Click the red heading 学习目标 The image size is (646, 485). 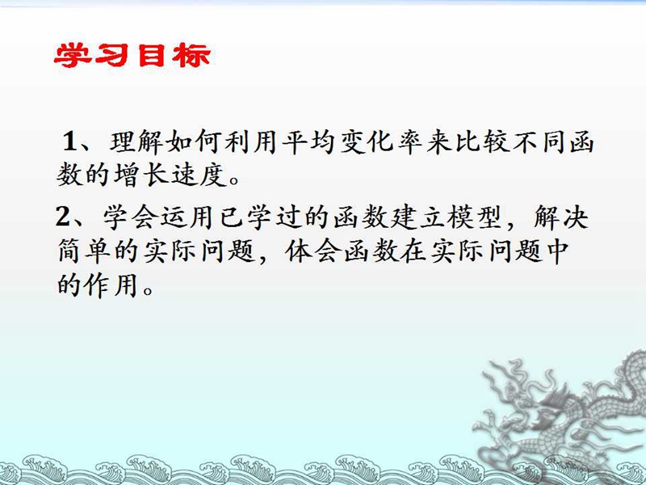132,55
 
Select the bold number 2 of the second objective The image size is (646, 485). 63,216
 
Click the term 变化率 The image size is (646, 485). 382,142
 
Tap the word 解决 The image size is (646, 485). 561,217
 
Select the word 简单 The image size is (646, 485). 85,251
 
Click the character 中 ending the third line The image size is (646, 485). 557,251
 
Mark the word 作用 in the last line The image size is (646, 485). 111,285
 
